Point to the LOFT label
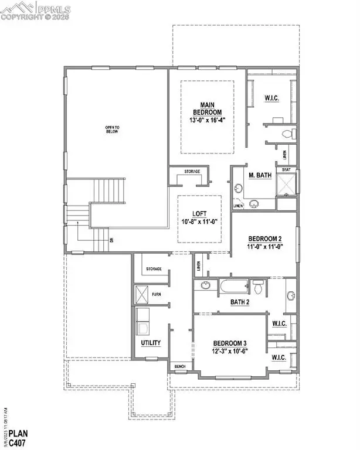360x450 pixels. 199,214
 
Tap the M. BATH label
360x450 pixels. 259,176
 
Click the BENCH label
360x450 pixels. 179,367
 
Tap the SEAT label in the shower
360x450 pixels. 286,170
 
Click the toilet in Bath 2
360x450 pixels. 258,287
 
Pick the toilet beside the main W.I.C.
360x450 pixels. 286,134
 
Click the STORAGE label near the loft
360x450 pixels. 191,172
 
